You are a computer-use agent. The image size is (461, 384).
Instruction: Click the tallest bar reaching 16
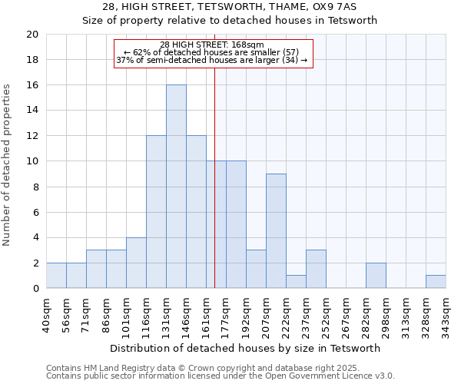tap(176, 187)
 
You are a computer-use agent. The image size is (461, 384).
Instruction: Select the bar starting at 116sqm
tap(156, 212)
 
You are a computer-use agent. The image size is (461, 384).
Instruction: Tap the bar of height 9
tap(276, 231)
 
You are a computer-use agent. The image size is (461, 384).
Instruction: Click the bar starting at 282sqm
tap(376, 276)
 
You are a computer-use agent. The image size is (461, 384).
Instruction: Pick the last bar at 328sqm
tap(436, 282)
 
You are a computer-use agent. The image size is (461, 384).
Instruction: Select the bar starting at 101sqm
tap(136, 263)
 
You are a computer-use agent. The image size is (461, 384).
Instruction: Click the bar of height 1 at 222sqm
tap(296, 282)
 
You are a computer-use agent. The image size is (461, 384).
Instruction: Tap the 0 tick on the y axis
tap(35, 289)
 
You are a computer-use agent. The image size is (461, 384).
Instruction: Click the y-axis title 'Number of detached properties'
tap(8, 165)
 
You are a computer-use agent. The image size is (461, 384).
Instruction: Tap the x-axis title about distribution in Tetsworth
tap(246, 348)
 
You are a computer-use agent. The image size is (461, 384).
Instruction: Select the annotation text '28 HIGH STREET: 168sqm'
tap(213, 45)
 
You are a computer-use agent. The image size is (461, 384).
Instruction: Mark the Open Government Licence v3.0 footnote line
tap(221, 376)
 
